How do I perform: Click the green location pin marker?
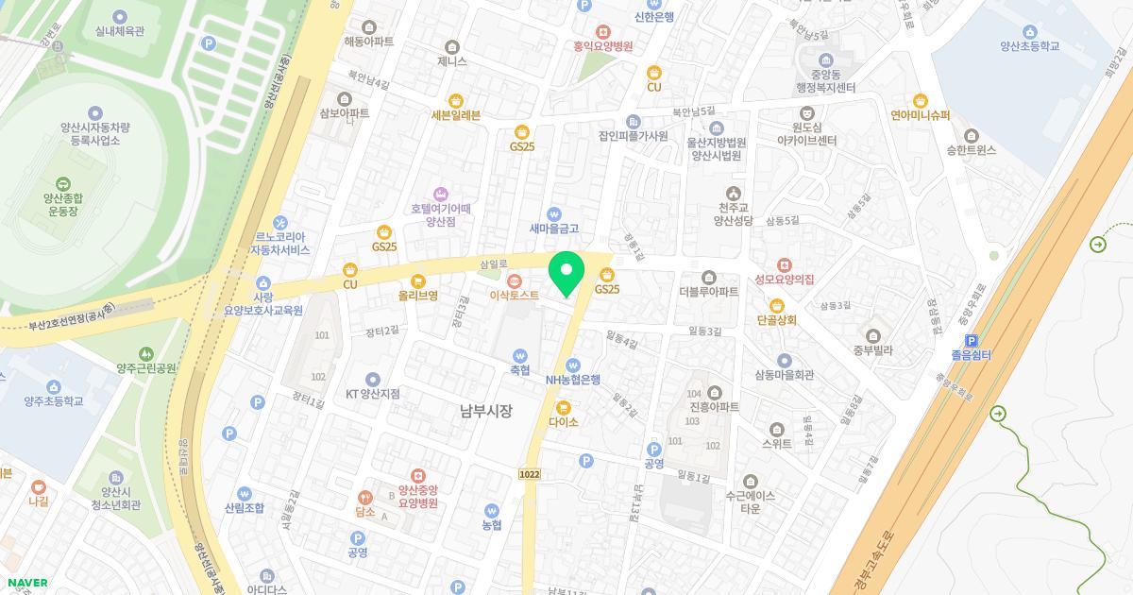[566, 273]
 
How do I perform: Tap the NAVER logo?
[25, 583]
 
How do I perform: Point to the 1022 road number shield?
[530, 471]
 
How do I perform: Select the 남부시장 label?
[485, 410]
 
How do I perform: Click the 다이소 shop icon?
[564, 408]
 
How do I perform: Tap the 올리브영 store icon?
[418, 280]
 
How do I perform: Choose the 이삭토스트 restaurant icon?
[515, 280]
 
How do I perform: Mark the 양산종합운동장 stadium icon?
[63, 183]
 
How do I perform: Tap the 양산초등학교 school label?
[1029, 45]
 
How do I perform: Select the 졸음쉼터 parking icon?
[971, 341]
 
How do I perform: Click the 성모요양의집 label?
[784, 279]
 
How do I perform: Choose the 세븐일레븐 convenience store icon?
[456, 100]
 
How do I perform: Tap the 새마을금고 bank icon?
[554, 213]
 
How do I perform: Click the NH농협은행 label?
[573, 380]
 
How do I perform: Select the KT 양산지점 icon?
[372, 380]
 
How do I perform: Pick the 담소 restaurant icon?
[364, 497]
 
